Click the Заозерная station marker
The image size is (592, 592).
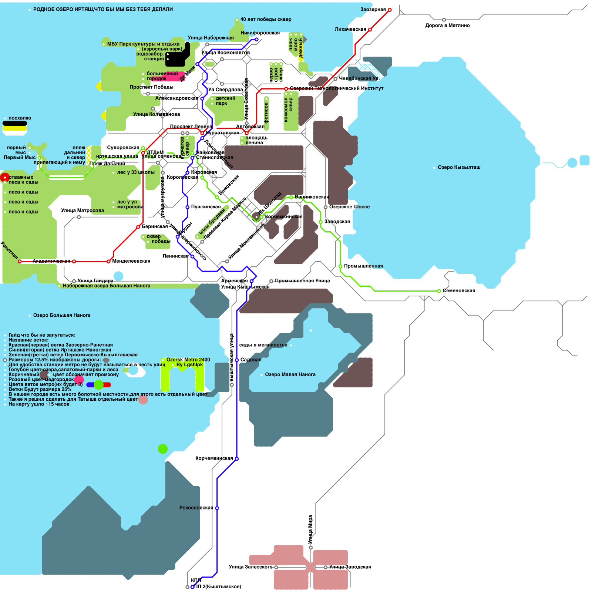[x=390, y=10]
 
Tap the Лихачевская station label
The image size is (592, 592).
[x=350, y=29]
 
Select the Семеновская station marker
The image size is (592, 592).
[x=439, y=291]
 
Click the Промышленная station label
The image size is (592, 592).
[x=363, y=266]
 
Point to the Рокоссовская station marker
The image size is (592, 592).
[x=217, y=508]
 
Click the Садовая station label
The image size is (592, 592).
[x=251, y=360]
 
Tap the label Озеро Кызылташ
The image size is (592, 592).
[x=459, y=167]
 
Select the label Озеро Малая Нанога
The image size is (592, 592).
[x=290, y=374]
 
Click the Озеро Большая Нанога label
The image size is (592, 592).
[x=62, y=315]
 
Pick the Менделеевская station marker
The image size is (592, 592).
[x=108, y=261]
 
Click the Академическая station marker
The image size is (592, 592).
[x=74, y=261]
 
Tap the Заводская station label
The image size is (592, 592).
[x=337, y=222]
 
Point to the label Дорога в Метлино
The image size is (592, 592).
[x=447, y=26]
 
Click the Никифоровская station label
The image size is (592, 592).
[x=260, y=33]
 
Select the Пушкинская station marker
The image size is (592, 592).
[x=188, y=207]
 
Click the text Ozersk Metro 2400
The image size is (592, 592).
[x=188, y=360]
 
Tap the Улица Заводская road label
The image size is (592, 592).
[x=350, y=567]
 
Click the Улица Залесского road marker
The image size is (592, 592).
[x=276, y=567]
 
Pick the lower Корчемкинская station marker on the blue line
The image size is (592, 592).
[x=237, y=459]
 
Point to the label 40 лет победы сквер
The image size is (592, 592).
[x=266, y=19]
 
